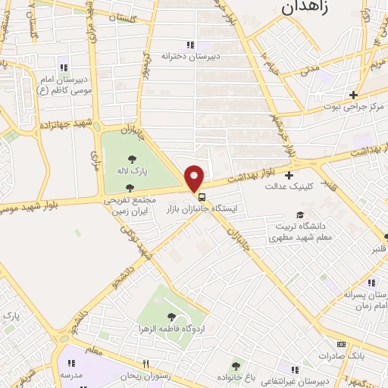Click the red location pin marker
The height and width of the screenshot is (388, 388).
(x=196, y=178)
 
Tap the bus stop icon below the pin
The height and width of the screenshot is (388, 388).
(x=201, y=197)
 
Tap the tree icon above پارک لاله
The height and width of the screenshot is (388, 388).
(x=132, y=160)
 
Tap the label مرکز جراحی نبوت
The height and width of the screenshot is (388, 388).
(x=353, y=106)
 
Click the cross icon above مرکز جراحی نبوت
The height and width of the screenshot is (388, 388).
(x=353, y=95)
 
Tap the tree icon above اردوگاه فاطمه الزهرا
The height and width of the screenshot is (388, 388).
(x=174, y=318)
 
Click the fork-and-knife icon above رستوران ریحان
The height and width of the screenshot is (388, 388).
(x=145, y=364)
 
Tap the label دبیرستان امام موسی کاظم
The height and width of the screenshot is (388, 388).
(x=64, y=84)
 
